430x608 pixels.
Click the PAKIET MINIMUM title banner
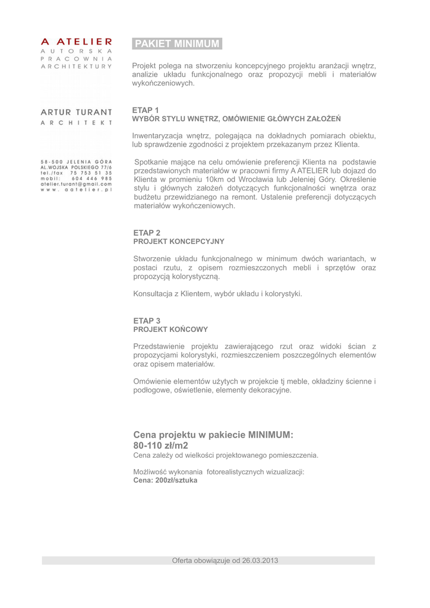pos(177,44)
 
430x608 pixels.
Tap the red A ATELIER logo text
pos(77,42)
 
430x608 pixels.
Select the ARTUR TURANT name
pos(77,112)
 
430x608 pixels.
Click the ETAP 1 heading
pos(145,110)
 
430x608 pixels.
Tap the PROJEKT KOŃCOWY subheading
pos(170,329)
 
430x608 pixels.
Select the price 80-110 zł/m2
pos(160,445)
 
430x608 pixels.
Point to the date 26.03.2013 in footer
pos(259,560)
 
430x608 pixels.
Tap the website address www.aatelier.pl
pos(76,190)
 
